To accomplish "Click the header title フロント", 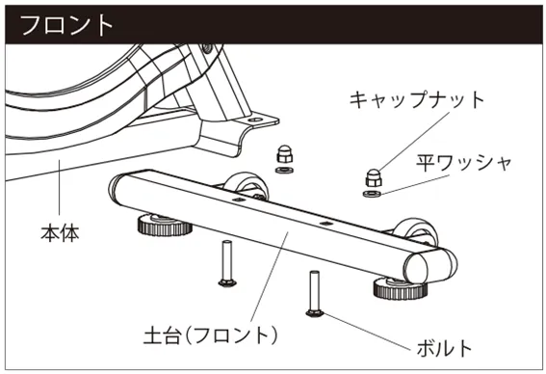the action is click(x=67, y=25).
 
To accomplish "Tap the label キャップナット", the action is click(x=416, y=99).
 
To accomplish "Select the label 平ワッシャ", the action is click(x=464, y=163).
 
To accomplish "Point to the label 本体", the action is click(x=60, y=233).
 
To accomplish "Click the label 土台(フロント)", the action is click(x=210, y=335).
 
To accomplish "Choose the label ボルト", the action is click(x=444, y=348).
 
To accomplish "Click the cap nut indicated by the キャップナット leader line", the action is click(x=374, y=177).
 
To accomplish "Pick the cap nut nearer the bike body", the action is click(x=285, y=153).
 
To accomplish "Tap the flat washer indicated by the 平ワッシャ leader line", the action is click(x=372, y=194).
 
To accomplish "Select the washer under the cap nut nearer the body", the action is click(x=284, y=170).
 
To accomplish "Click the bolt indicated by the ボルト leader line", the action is click(x=315, y=294).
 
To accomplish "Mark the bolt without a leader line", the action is click(x=227, y=263).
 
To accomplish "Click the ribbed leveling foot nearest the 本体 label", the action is click(x=165, y=226).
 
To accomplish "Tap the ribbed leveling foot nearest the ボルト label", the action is click(x=400, y=288).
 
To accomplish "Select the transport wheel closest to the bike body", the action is click(x=247, y=185).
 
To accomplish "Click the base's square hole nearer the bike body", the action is click(x=238, y=200).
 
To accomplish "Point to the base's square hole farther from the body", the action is click(x=325, y=223).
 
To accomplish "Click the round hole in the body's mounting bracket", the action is click(x=256, y=120).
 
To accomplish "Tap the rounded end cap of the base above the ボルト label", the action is click(x=431, y=266).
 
